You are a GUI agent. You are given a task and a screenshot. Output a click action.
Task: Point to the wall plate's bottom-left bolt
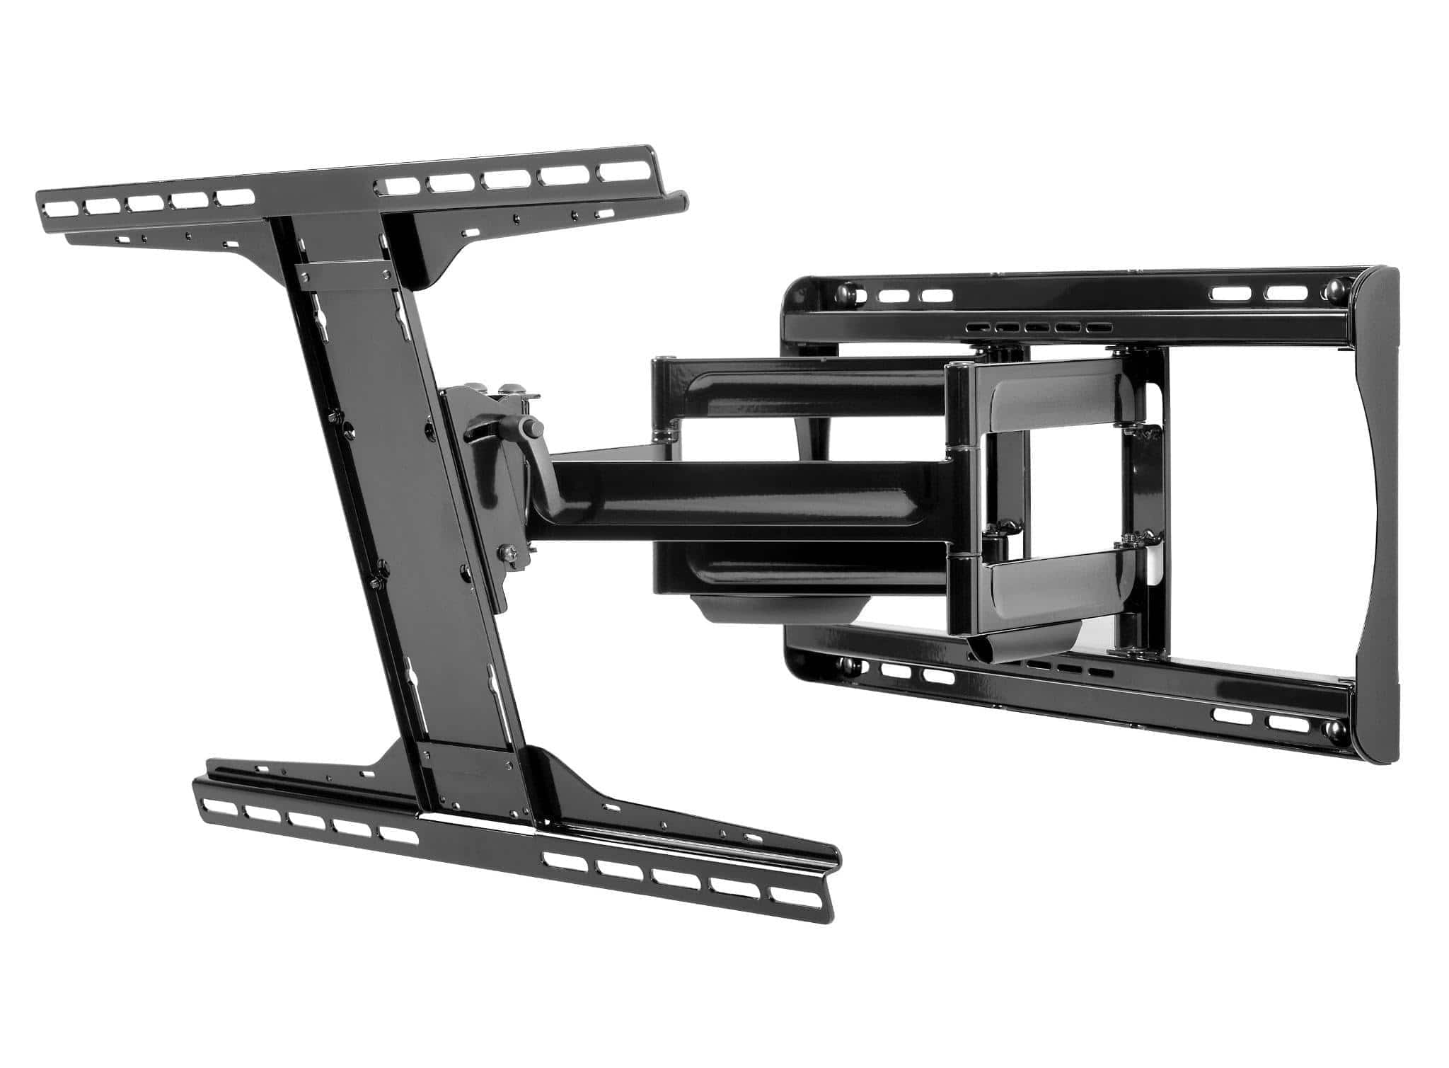tap(845, 665)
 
